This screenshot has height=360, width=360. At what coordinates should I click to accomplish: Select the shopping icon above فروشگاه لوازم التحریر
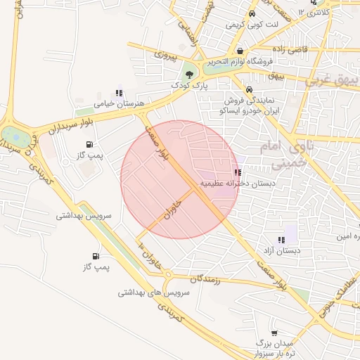241,51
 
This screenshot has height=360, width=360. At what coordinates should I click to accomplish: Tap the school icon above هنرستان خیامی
119,93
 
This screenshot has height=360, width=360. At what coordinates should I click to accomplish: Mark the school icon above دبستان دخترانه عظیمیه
238,172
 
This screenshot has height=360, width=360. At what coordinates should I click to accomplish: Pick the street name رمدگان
205,280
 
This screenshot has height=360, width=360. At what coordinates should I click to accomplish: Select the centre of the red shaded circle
180,180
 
